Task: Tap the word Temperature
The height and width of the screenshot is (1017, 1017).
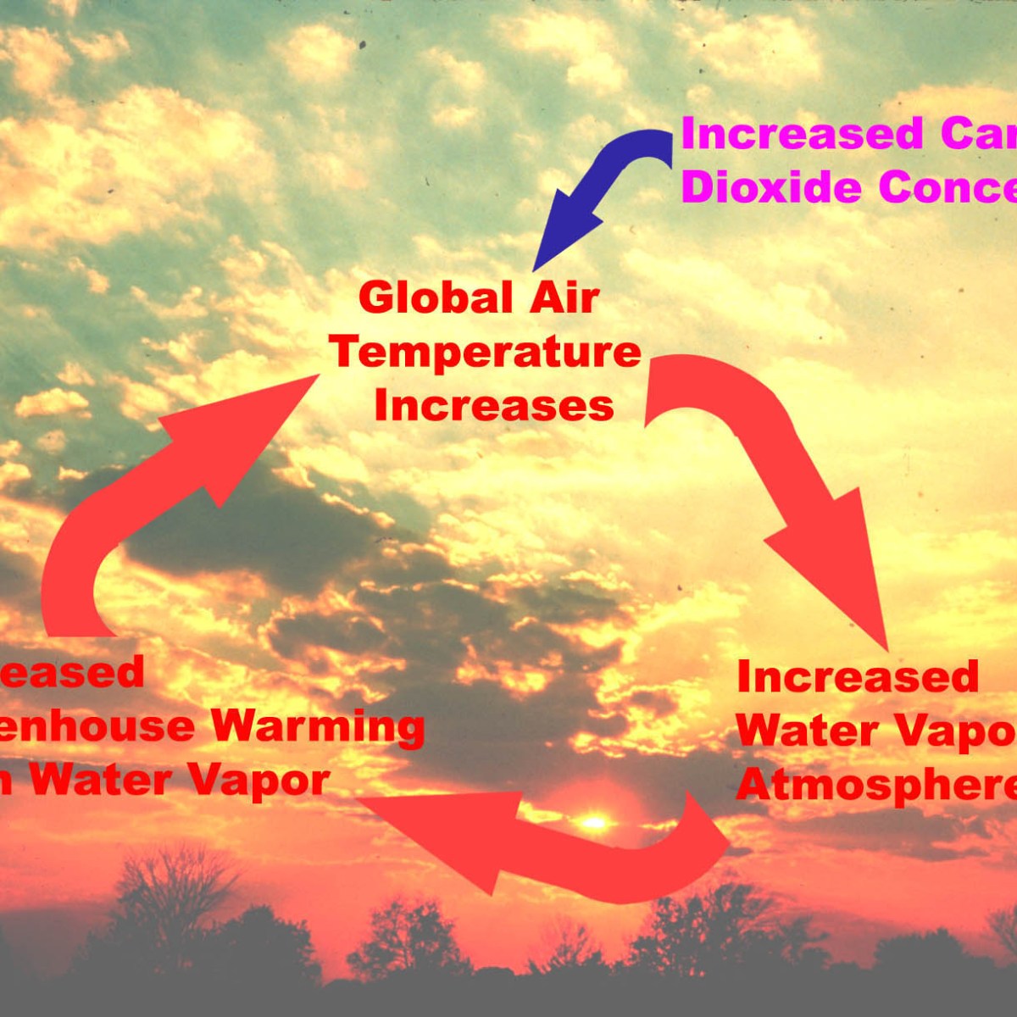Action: [486, 353]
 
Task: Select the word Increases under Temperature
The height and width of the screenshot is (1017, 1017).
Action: [493, 407]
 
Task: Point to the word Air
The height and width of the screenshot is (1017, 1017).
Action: [565, 298]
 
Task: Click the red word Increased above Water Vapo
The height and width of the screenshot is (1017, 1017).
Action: [858, 677]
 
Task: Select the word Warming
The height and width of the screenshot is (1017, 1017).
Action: [317, 726]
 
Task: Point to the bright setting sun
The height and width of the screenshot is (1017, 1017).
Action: [594, 822]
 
